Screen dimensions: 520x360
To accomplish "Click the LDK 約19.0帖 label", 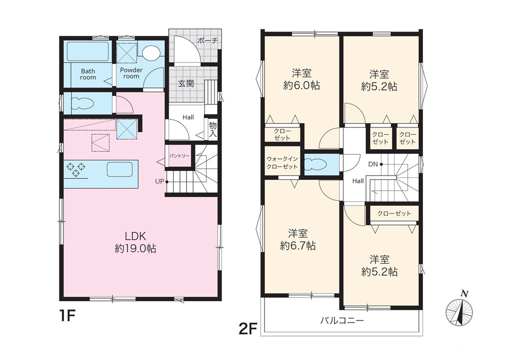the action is coord(135,242).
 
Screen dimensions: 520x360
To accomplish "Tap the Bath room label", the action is coord(88,74).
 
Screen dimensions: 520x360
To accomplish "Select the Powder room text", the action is coord(131,73).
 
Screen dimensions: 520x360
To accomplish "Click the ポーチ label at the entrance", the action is coord(207,41).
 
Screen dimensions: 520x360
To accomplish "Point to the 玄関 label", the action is coord(186,83).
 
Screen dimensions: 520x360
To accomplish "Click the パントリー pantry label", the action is coord(179,155).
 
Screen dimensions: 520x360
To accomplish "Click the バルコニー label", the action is coord(342,320).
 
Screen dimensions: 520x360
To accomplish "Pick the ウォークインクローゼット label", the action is coord(282,163).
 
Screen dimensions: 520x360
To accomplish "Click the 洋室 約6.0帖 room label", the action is coord(301,79).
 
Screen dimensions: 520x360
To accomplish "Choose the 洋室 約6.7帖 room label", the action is coord(297,239).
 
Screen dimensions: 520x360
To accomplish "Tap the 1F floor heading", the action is coord(68,316).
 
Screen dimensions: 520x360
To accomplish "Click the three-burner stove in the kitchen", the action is coord(76,169).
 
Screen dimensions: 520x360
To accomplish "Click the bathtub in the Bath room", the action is coord(88,51).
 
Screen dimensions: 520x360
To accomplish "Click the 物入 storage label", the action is coord(212,129).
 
